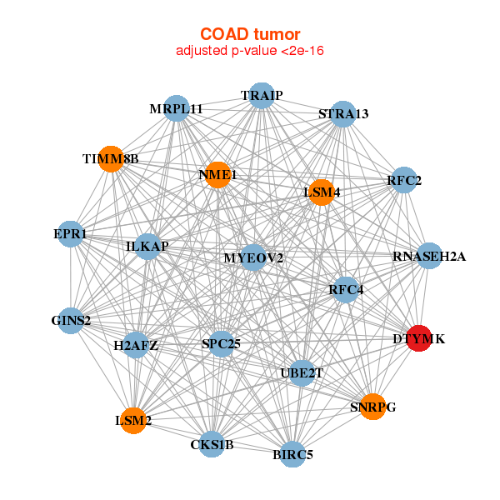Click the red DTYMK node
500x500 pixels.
point(420,337)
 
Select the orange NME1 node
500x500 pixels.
point(217,174)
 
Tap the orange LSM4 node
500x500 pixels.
point(321,192)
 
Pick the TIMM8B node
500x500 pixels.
point(111,158)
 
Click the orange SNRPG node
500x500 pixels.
point(372,406)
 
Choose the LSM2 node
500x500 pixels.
point(132,420)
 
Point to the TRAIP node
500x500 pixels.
point(262,95)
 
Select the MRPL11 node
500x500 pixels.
point(176,108)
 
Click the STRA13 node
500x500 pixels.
point(342,113)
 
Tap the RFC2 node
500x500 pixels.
point(404,180)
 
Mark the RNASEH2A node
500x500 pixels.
point(429,255)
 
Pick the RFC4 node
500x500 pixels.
point(346,289)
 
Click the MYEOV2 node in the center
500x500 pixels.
point(253,257)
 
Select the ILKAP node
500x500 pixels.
point(147,247)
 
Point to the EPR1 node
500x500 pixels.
point(70,234)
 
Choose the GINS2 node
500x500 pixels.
point(71,320)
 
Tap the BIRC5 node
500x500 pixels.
point(292,454)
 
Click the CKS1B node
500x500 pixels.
point(212,444)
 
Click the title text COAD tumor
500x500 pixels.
point(250,34)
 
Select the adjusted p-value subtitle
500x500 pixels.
point(250,51)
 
